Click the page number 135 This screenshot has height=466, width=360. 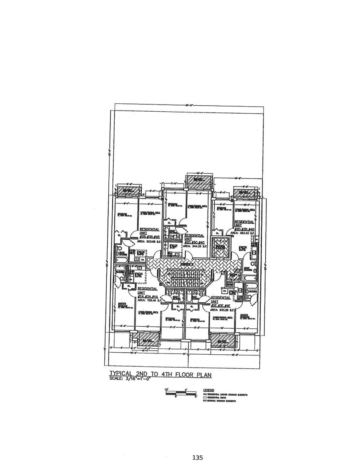tap(198, 458)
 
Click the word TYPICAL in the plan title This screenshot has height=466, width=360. tap(121, 375)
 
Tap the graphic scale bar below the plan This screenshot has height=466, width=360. tap(181, 392)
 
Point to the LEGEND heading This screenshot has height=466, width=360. tap(209, 390)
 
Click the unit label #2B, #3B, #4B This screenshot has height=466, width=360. tap(149, 237)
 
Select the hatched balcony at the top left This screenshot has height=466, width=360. tap(128, 191)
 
